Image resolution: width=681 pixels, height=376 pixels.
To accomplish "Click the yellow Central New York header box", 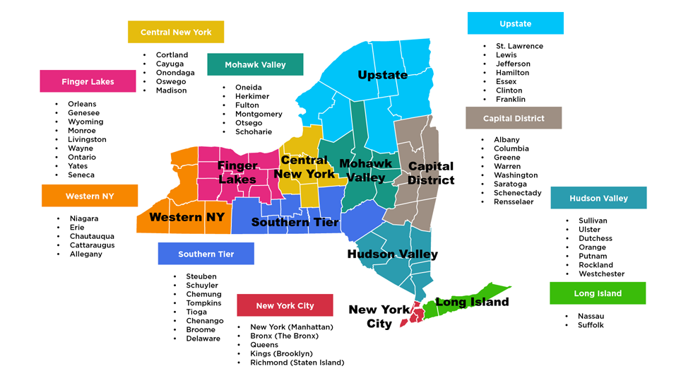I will [176, 32].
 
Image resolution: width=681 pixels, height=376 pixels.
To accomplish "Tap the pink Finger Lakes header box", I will [88, 81].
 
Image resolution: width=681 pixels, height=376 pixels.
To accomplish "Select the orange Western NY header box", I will [90, 196].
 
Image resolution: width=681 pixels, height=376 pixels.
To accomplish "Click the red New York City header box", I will [285, 305].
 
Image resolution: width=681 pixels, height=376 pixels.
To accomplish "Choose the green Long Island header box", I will [598, 293].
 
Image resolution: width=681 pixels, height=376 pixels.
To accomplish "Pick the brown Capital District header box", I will [514, 118].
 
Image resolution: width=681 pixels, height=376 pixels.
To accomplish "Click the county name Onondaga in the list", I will [175, 73].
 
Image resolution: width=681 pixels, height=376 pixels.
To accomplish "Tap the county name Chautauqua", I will [92, 236].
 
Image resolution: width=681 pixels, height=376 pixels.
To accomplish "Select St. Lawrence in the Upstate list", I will [519, 46].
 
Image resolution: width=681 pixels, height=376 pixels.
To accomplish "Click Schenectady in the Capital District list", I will [517, 193].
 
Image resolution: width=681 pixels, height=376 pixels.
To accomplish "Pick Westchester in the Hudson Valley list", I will [601, 274].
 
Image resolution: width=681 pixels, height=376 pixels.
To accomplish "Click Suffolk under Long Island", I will [591, 325].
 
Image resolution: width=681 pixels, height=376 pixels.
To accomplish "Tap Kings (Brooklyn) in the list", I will [281, 353].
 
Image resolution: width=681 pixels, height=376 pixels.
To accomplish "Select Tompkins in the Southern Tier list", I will [203, 303].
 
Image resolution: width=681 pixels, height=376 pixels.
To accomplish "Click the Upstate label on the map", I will [382, 75].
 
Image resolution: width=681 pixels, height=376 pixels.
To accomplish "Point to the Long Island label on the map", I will [471, 302].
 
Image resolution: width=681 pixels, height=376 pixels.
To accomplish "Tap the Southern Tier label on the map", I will [295, 222].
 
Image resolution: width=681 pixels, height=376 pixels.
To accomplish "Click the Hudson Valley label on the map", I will [392, 254].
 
